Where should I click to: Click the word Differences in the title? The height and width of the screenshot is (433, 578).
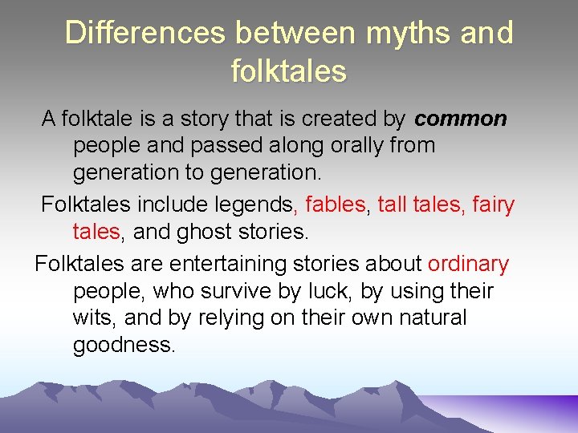click(145, 34)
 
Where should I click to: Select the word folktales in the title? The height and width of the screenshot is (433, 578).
click(289, 71)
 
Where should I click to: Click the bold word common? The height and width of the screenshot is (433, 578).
click(461, 119)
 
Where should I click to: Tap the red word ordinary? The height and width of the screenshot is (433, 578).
click(469, 264)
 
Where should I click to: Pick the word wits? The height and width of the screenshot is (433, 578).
click(94, 318)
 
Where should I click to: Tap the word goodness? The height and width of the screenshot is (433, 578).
click(124, 346)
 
